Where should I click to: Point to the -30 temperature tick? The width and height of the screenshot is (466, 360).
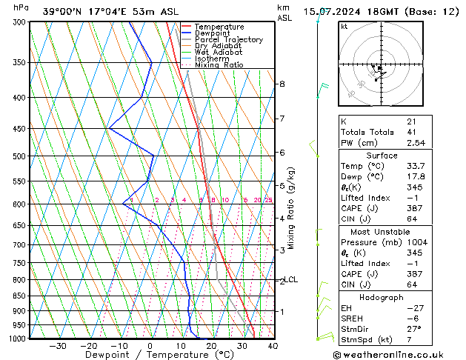pyautogui.click(x=58, y=345)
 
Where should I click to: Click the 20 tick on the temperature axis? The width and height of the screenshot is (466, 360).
pyautogui.click(x=211, y=345)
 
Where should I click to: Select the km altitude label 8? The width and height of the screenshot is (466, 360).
pyautogui.click(x=282, y=84)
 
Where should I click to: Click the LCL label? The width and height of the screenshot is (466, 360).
pyautogui.click(x=291, y=279)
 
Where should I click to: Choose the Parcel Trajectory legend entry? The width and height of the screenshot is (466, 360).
pyautogui.click(x=228, y=39)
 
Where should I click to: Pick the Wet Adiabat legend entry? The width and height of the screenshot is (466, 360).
pyautogui.click(x=220, y=52)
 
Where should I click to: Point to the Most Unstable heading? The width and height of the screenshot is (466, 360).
pyautogui.click(x=382, y=232)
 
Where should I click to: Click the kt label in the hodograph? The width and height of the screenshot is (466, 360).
pyautogui.click(x=344, y=26)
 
